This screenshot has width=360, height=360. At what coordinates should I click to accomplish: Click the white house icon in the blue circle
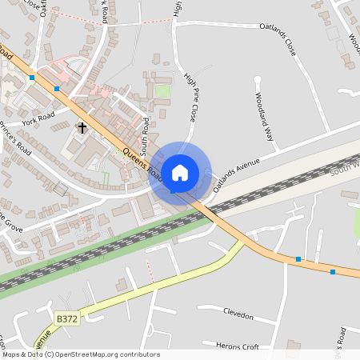point(180,172)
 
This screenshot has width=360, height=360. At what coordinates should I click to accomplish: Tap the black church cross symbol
point(82,127)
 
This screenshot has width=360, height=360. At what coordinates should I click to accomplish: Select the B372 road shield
point(67,318)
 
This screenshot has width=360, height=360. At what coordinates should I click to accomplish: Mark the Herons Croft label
point(238,346)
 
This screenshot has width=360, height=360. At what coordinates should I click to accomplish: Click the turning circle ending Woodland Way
point(258,79)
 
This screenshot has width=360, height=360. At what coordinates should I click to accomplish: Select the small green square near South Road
point(163,91)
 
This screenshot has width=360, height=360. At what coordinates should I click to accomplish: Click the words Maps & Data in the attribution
point(22,354)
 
